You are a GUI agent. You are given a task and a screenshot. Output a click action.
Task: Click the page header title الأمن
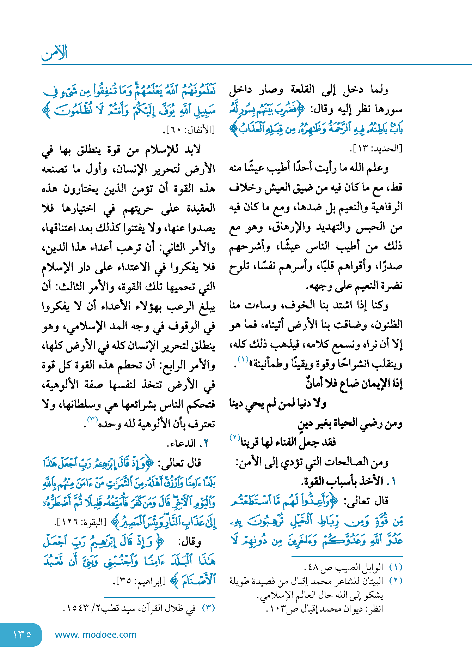[54, 53]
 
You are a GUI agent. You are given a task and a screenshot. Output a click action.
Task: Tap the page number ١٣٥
[22, 634]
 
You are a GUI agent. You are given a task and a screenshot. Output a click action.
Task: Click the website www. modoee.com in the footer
[96, 635]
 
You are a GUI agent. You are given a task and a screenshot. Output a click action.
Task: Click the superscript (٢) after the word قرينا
[234, 438]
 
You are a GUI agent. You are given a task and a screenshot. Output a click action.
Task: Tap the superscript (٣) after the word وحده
[92, 419]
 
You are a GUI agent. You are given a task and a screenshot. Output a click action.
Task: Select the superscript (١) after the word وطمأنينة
[243, 360]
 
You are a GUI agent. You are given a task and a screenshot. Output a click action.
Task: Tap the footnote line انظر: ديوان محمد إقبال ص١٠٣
[325, 608]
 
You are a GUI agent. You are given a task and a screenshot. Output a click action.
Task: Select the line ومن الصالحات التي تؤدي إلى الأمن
[312, 462]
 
